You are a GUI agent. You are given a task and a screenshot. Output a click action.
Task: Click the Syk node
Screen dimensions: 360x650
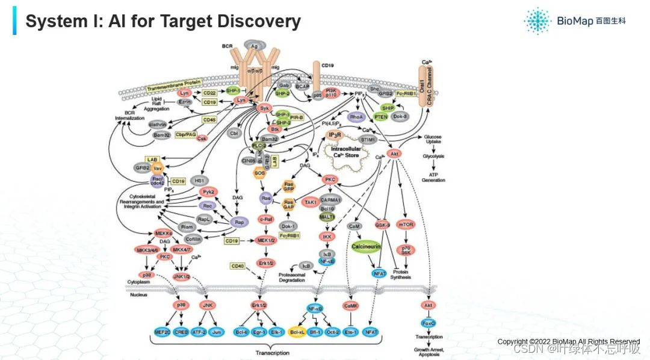[264, 108]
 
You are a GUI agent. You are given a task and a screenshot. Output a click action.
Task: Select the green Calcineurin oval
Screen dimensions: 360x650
[370, 247]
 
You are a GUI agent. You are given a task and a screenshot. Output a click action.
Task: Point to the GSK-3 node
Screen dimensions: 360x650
[382, 224]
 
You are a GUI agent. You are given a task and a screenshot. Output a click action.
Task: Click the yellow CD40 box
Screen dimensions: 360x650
[238, 265]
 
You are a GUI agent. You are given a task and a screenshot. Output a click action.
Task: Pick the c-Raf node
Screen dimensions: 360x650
[267, 219]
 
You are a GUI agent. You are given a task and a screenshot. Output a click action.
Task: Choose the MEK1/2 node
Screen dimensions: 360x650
[265, 241]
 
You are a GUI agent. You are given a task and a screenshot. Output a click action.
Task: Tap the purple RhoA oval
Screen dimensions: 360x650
[357, 117]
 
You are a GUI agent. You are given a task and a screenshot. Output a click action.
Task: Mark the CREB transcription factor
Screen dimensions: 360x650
[181, 332]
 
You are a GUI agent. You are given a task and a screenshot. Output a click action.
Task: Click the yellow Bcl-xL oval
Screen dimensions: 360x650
[296, 332]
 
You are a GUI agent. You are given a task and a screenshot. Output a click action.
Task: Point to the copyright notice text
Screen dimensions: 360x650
[568, 341]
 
